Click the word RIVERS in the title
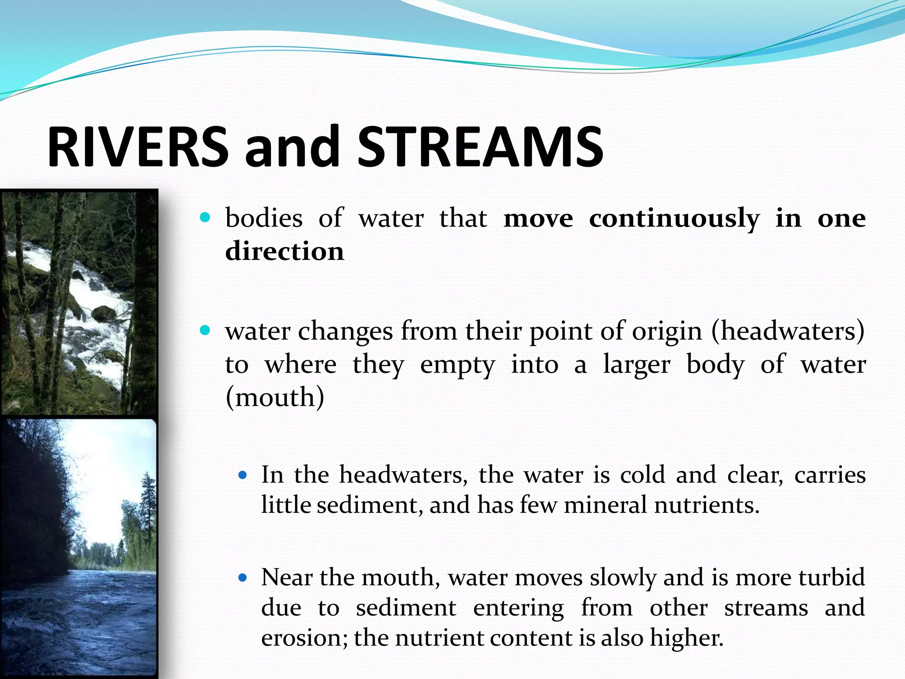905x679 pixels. pos(138,147)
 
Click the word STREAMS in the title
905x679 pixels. pos(480,147)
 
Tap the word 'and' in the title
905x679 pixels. pos(292,147)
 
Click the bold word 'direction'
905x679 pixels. pos(285,251)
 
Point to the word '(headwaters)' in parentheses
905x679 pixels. pos(788,332)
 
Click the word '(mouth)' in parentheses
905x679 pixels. pos(275,397)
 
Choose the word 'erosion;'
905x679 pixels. pos(304,638)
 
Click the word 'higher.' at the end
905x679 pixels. pos(686,638)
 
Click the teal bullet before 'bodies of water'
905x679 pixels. pos(205,217)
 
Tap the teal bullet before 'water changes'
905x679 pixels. pos(205,330)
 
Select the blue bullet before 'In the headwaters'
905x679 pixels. pos(242,476)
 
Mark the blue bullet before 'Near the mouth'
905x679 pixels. pos(242,578)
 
